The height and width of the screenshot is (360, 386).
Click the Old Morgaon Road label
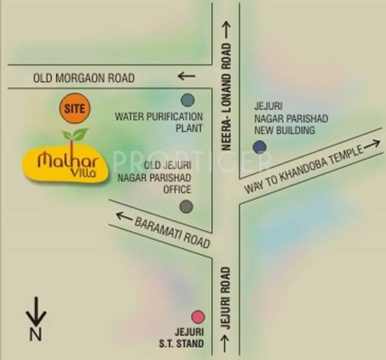pos(84,78)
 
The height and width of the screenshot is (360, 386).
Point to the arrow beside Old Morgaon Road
pos(186,76)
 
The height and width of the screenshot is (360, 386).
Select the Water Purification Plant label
pos(159,122)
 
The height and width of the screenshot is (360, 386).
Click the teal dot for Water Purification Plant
pos(187,100)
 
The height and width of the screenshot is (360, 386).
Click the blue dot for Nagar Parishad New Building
pos(259,147)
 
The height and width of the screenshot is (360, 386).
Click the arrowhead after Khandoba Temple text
pos(372,145)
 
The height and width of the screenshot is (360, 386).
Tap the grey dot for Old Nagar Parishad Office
pos(186,206)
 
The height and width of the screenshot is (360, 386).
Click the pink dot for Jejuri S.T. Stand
pos(198,316)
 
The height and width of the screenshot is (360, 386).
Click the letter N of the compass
pos(36,334)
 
